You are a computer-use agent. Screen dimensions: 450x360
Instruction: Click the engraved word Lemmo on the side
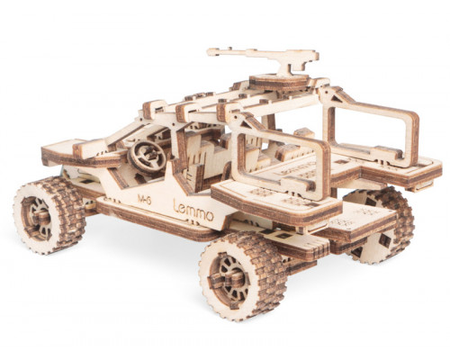193,211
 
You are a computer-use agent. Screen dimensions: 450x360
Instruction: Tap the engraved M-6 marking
144,200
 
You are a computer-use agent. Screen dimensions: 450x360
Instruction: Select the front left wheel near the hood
49,215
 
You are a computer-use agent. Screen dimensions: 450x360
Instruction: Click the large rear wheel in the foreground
243,276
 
